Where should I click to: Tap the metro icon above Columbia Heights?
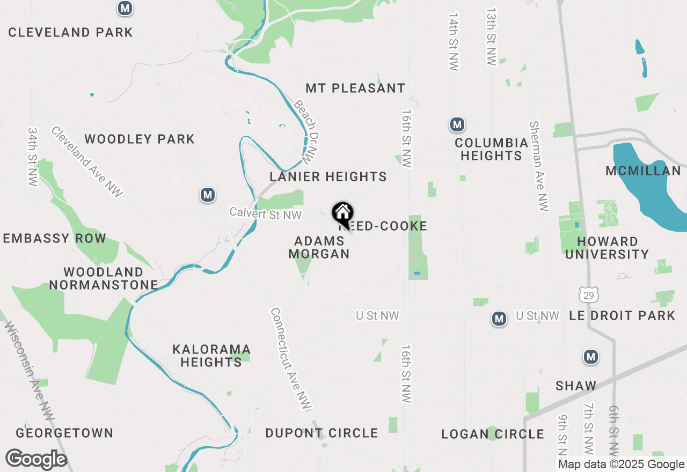point(457,125)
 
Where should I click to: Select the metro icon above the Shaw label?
point(591,357)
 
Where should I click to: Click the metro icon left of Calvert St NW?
point(208,195)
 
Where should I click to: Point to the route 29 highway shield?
point(589,293)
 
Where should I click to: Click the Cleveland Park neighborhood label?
point(70,32)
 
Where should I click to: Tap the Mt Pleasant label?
point(355,88)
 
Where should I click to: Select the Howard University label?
point(607,248)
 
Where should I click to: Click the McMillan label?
point(643,171)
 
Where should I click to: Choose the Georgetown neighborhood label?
point(64,433)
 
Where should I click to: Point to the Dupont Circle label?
point(321,433)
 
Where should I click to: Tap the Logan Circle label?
point(492,434)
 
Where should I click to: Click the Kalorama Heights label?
point(211,356)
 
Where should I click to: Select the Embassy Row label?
point(54,239)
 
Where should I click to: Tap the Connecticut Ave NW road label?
point(291,359)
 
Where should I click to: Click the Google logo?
point(36,459)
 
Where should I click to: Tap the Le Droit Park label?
point(622,315)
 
